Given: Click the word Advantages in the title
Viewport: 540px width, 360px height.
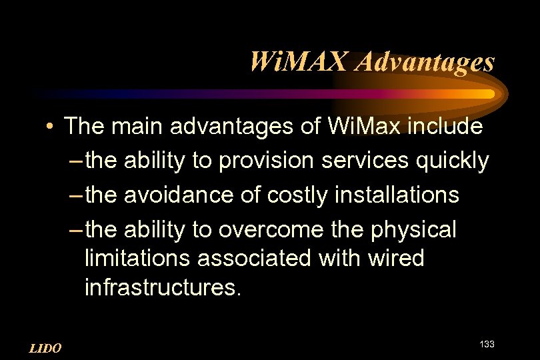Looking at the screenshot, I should [426, 62].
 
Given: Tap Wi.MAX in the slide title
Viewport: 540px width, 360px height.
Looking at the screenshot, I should [299, 62].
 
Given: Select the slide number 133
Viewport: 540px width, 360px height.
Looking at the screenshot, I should [487, 343].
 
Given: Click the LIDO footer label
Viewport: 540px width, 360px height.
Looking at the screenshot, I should [46, 348].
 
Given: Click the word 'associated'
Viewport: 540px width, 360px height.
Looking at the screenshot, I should [250, 258].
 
